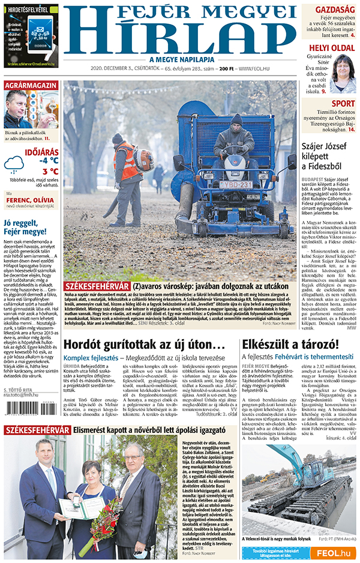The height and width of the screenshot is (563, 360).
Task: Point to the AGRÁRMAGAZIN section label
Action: tap(31, 86)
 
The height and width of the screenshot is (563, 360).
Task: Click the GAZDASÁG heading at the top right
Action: tap(335, 10)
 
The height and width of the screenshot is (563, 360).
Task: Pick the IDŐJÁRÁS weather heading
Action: tap(41, 151)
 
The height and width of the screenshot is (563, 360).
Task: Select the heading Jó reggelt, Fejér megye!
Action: tap(25, 226)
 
